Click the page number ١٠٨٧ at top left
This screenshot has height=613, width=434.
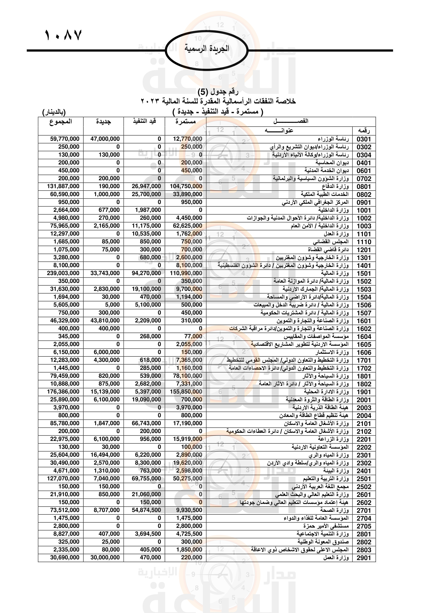click(x=63, y=35)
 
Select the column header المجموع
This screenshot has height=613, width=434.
click(x=61, y=122)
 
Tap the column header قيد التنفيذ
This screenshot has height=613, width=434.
click(x=144, y=121)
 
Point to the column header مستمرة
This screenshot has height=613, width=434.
click(x=186, y=122)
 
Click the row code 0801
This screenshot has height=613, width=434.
click(x=364, y=187)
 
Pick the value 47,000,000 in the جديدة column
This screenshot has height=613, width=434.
click(x=105, y=139)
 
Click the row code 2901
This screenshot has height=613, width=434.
click(x=364, y=558)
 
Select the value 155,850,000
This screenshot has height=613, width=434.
click(x=186, y=392)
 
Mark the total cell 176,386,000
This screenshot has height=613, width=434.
click(x=63, y=392)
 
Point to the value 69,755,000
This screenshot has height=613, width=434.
click(x=146, y=479)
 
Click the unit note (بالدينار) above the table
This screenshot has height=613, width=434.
click(x=54, y=112)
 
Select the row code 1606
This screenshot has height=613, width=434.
click(x=364, y=352)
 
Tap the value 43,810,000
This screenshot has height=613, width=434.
click(x=105, y=320)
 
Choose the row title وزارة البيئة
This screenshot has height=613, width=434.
click(x=336, y=470)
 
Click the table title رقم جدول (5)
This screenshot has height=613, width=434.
click(x=218, y=92)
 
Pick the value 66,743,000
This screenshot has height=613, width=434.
click(x=146, y=423)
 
